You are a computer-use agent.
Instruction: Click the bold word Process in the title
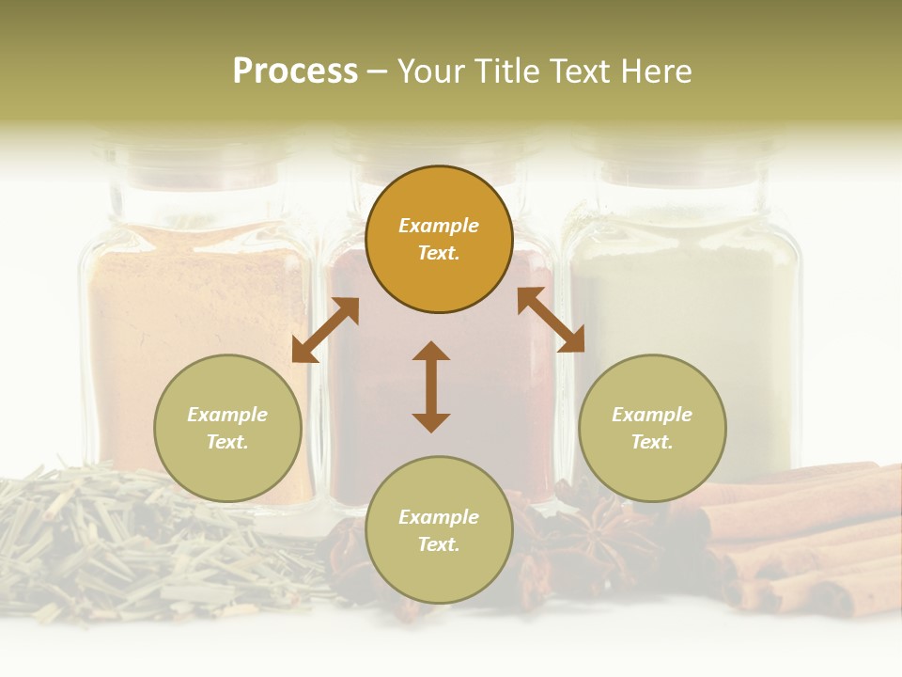[x=295, y=71]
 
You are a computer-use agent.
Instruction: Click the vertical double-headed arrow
[x=431, y=386]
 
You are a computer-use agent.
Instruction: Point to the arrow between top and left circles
[x=325, y=330]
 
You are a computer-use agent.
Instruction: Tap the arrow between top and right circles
[x=551, y=320]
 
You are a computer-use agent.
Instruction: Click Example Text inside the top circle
[x=439, y=239]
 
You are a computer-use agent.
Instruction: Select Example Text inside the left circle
[x=227, y=428]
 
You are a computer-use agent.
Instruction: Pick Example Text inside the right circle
[x=652, y=428]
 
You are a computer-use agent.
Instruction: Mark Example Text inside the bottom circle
[x=439, y=530]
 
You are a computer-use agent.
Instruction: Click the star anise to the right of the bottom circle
[x=596, y=531]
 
